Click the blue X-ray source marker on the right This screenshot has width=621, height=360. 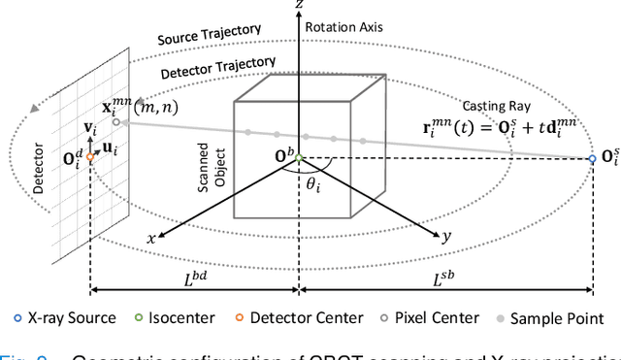coord(593,157)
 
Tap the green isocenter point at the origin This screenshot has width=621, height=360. coord(299,157)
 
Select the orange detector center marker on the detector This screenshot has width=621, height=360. coord(90,156)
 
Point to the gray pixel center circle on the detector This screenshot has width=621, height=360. coord(115,122)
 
